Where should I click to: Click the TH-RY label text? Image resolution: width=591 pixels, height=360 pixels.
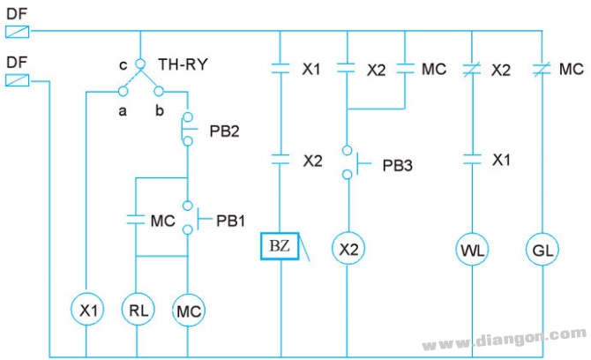(x=183, y=64)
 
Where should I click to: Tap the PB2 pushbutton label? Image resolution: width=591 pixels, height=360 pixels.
(x=224, y=131)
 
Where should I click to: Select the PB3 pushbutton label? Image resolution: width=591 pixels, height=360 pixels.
(x=397, y=166)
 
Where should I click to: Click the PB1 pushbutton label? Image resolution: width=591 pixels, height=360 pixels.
(x=231, y=221)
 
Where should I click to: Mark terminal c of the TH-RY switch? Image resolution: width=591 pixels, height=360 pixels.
(x=140, y=64)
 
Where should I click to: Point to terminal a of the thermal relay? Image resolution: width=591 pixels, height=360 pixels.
(x=123, y=91)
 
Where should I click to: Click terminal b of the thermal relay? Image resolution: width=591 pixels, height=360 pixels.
(x=159, y=91)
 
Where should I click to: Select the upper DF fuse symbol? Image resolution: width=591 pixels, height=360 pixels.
(x=18, y=32)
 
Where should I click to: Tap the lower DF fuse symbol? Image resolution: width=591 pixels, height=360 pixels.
(x=18, y=80)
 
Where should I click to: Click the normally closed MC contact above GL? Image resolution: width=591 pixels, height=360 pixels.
(x=542, y=70)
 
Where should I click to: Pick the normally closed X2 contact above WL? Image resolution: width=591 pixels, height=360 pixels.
(x=472, y=70)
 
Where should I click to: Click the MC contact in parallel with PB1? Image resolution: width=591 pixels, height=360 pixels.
(x=136, y=220)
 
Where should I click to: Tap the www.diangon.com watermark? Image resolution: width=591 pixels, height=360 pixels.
(x=505, y=339)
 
